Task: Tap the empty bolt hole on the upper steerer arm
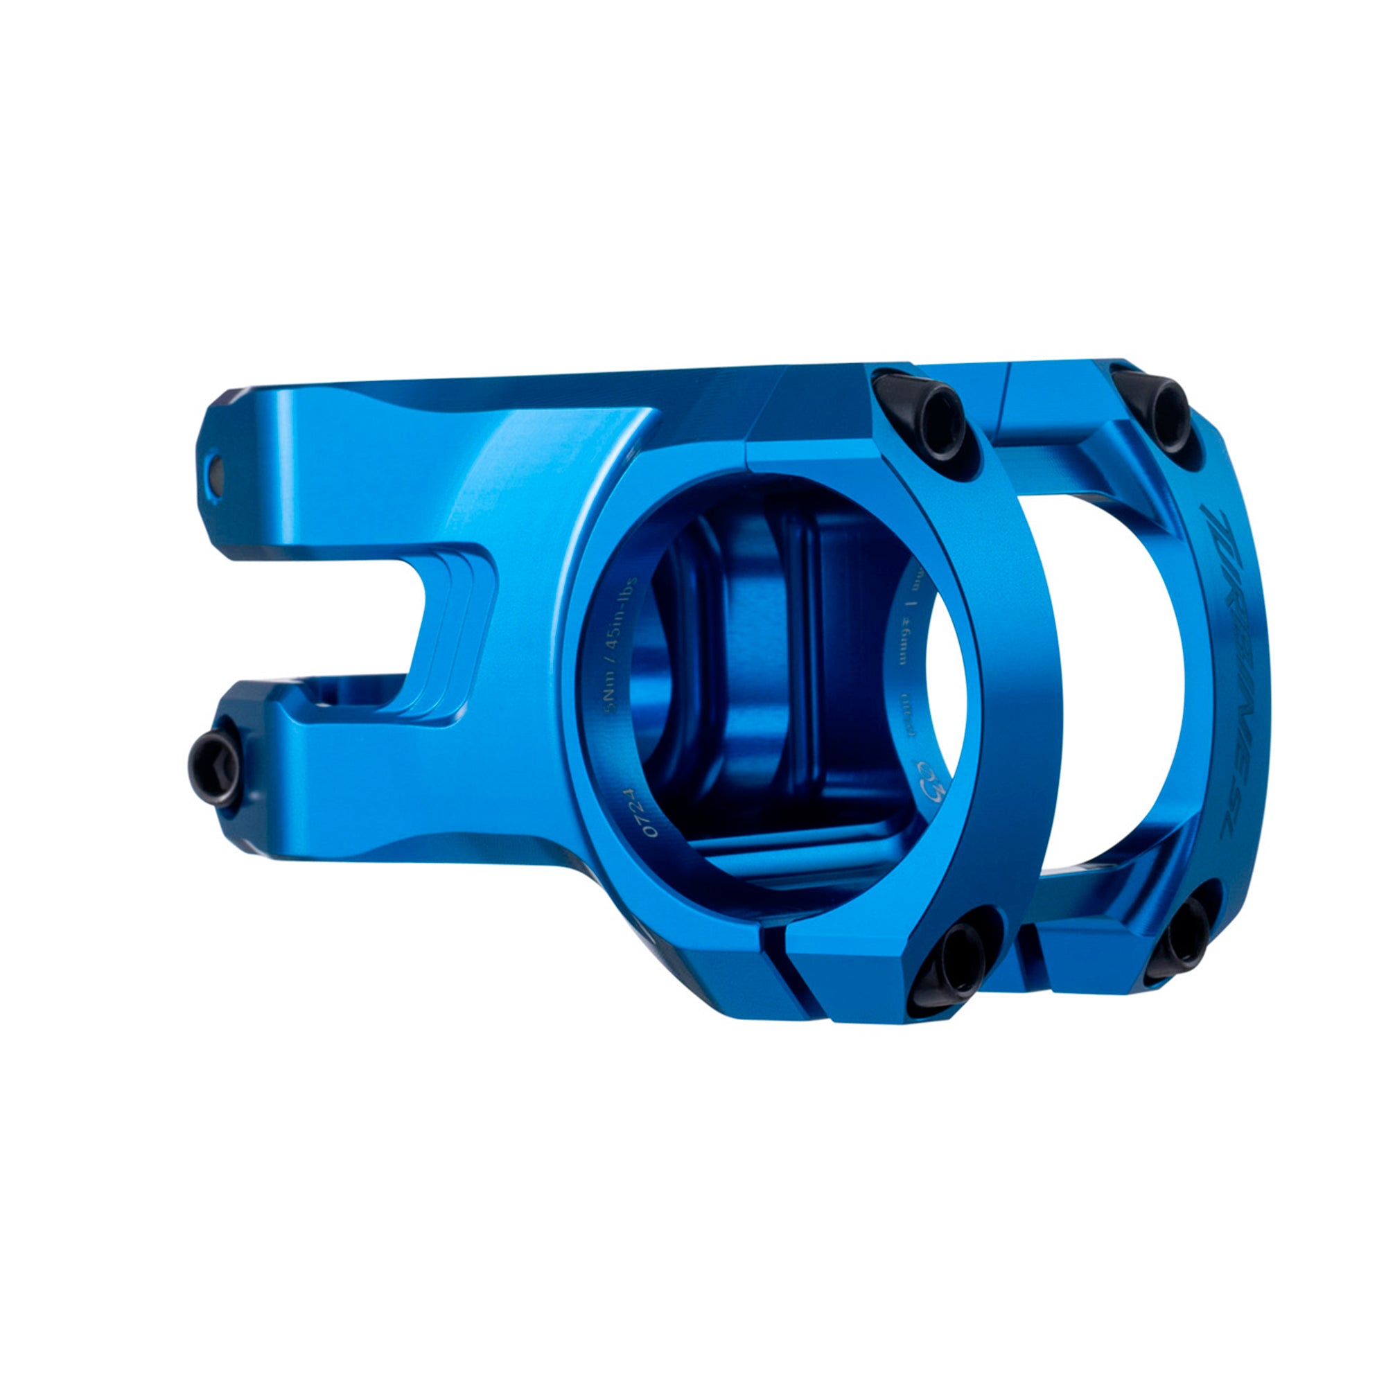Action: coord(213,472)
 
